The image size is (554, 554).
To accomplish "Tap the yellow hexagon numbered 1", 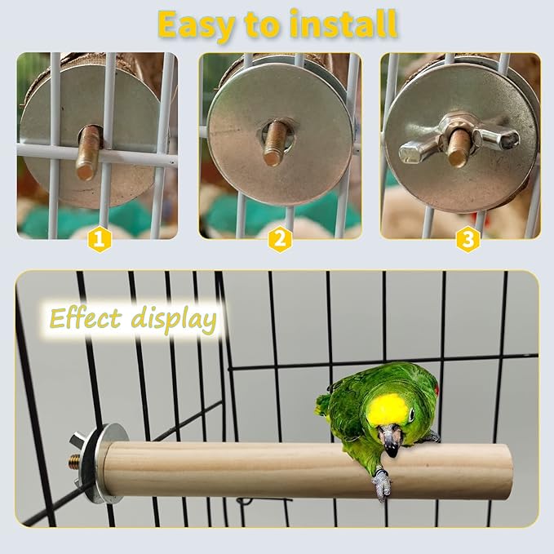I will pos(100,239).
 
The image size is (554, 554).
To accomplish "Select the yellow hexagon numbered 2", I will pos(280,239).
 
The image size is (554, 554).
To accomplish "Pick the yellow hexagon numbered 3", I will pos(468,239).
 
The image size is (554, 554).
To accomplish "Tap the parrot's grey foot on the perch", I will pos(381,485).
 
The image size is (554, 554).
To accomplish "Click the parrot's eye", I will pos(409,417).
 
